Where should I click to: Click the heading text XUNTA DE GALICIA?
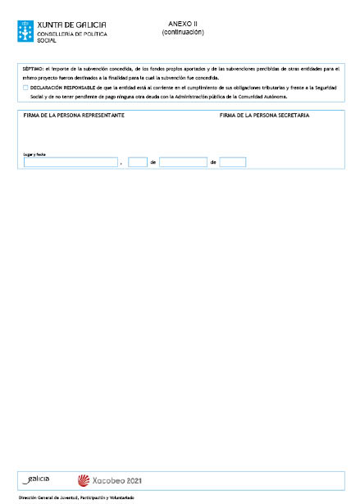[x=71, y=25]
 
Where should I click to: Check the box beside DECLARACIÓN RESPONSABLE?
[x=26, y=87]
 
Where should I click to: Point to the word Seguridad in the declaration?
[x=324, y=87]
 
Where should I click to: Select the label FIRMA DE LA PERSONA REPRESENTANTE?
[x=75, y=116]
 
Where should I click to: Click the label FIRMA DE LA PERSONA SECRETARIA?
[x=264, y=116]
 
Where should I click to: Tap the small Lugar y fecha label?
[x=34, y=153]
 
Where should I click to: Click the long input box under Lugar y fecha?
[x=71, y=162]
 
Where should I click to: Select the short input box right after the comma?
[x=137, y=162]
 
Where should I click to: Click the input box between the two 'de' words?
[x=183, y=162]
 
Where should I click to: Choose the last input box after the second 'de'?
[x=232, y=162]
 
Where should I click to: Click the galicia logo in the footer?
[x=38, y=479]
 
